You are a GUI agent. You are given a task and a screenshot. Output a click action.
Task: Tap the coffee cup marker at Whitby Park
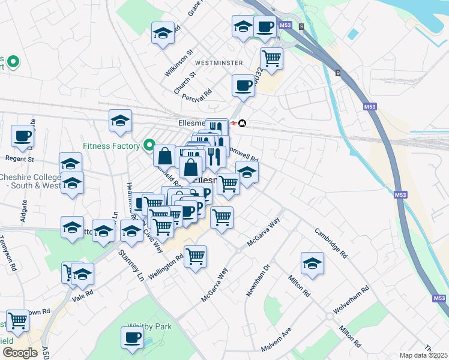click(132, 338)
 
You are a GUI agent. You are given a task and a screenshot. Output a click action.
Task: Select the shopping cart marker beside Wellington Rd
click(196, 257)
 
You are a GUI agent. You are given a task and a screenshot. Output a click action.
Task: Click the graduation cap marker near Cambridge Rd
click(312, 263)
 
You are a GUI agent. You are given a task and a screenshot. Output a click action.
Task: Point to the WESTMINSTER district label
click(219, 63)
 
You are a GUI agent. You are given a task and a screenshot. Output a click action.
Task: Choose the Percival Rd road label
click(199, 95)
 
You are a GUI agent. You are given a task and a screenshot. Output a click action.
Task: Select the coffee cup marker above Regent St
click(22, 137)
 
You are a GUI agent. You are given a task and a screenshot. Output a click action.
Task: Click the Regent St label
click(20, 159)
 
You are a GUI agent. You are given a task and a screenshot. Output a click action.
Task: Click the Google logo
click(20, 353)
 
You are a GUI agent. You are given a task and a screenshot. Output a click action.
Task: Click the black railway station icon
click(241, 123)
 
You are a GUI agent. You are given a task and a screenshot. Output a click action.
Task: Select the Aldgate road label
click(24, 211)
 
